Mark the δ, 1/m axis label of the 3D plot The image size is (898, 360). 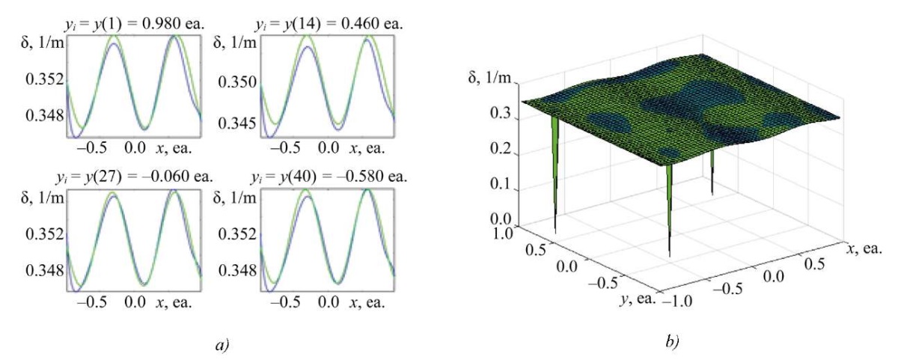pos(490,78)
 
